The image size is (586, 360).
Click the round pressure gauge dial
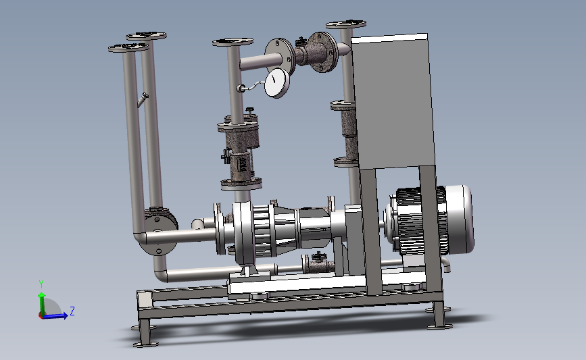click(277, 82)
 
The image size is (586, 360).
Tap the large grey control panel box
click(393, 101)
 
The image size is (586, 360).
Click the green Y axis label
click(41, 284)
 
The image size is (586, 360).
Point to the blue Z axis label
click(72, 311)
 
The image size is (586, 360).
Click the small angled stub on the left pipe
click(143, 100)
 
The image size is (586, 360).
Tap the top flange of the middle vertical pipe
click(233, 41)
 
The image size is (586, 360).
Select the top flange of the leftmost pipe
click(128, 47)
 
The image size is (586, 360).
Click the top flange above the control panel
click(345, 24)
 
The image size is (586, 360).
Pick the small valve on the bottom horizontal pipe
click(318, 263)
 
